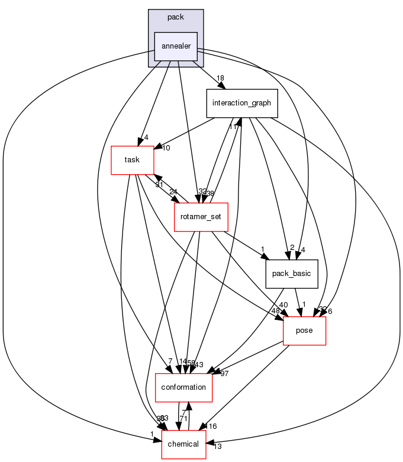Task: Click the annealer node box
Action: click(x=176, y=47)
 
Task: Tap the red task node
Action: click(x=131, y=159)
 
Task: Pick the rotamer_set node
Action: click(x=201, y=217)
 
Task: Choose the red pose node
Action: click(x=305, y=331)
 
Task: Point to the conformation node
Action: click(x=183, y=387)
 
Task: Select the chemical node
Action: click(x=183, y=444)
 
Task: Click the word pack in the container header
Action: click(x=176, y=17)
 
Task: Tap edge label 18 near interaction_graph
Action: click(x=220, y=79)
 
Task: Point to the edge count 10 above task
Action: click(x=166, y=148)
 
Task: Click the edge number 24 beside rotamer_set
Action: click(x=173, y=192)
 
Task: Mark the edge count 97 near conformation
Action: click(x=224, y=373)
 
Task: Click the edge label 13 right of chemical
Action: click(x=217, y=447)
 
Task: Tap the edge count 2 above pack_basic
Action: click(x=292, y=248)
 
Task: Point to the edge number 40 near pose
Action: click(x=283, y=305)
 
